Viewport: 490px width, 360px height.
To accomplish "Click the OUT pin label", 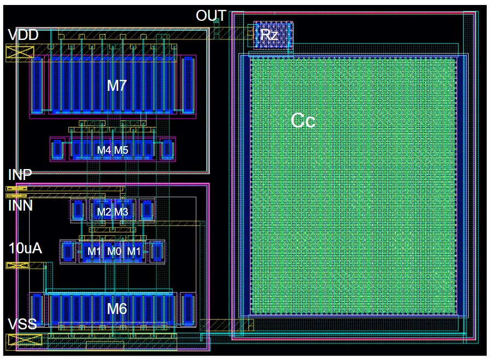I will (211, 16).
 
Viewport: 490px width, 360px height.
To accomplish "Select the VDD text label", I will (23, 36).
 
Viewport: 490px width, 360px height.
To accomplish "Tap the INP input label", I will (20, 175).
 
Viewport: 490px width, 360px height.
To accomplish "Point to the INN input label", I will (20, 206).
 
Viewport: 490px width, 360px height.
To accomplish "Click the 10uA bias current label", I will (25, 248).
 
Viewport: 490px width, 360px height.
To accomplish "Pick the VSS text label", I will (22, 324).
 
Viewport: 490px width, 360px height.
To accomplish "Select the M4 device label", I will (104, 150).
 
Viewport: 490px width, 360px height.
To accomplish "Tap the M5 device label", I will (121, 150).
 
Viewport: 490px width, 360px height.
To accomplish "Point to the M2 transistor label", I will (104, 212).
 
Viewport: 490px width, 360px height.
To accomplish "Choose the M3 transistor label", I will (121, 212).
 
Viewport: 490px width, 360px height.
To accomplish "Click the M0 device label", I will (114, 251).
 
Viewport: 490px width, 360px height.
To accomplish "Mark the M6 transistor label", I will (116, 309).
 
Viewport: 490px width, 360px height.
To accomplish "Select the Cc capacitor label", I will (302, 120).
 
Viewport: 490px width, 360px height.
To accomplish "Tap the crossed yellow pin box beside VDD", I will (20, 53).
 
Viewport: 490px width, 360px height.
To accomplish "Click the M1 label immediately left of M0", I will (95, 251).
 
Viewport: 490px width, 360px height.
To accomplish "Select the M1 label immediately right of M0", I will (133, 251).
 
